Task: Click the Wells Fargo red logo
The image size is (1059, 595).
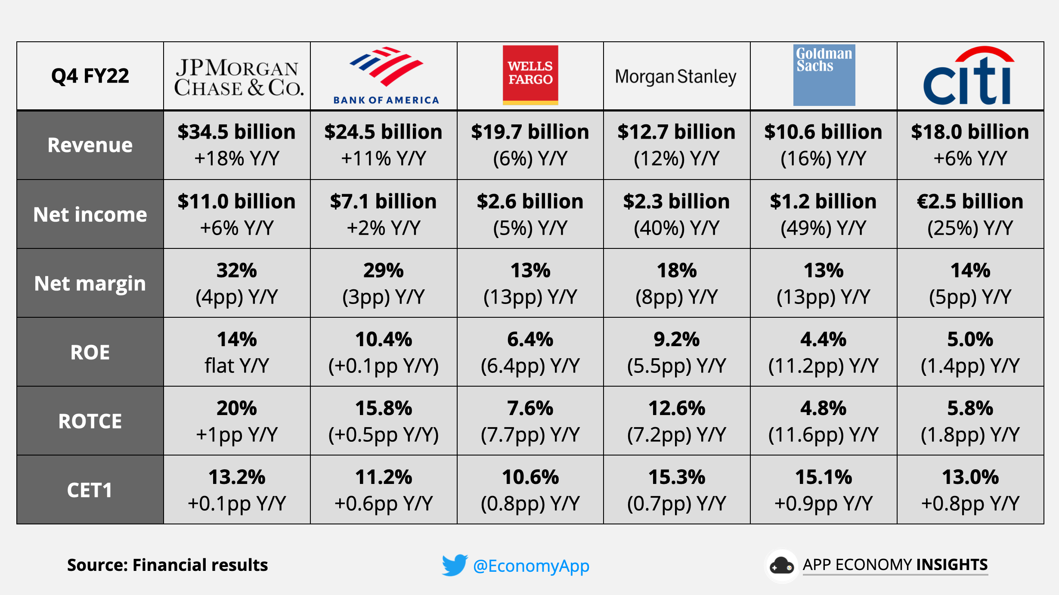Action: click(530, 75)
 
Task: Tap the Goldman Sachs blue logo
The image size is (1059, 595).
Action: click(824, 75)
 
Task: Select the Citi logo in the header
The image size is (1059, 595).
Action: click(969, 77)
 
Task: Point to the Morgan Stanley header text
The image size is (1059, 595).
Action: click(675, 77)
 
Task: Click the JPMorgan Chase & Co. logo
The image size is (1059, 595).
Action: click(238, 77)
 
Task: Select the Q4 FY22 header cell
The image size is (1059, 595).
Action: click(90, 76)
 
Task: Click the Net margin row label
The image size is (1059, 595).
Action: click(90, 283)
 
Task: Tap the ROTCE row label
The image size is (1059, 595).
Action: click(90, 421)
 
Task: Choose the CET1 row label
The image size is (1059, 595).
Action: click(90, 490)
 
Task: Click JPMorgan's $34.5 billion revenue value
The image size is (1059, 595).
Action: click(236, 132)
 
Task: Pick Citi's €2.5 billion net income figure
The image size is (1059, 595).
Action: click(970, 201)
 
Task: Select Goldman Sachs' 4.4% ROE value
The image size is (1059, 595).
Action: click(823, 339)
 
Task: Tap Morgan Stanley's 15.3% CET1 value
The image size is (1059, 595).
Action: click(676, 477)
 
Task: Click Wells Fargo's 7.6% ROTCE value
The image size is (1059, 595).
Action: click(530, 408)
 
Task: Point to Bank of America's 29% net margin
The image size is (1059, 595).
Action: click(383, 270)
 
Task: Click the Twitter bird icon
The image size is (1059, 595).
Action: click(454, 565)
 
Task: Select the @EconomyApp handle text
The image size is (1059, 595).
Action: click(531, 566)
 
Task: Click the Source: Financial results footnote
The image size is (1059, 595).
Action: click(167, 565)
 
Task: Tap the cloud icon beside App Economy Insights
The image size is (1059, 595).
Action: click(781, 566)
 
